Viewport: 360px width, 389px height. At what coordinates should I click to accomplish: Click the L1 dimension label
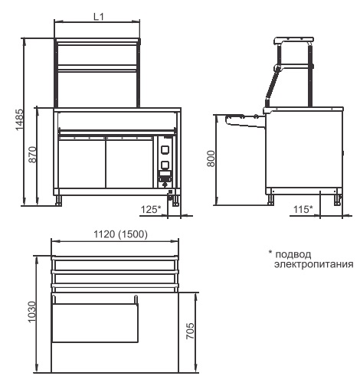[99, 17]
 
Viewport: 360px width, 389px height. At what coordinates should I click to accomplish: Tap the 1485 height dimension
[19, 119]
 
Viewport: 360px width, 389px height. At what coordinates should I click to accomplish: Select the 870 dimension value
[32, 155]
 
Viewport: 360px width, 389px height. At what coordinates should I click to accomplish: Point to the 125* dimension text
[151, 210]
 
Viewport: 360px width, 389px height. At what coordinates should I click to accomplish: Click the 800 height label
[211, 159]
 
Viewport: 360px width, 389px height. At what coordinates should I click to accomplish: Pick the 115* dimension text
[303, 210]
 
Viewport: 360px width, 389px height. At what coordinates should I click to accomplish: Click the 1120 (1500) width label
[120, 234]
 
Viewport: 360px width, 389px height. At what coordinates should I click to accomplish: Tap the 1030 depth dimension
[32, 312]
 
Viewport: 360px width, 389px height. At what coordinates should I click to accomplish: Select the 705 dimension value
[190, 331]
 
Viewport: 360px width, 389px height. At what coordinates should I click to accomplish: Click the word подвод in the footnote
[293, 255]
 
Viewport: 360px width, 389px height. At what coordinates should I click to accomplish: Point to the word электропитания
[314, 264]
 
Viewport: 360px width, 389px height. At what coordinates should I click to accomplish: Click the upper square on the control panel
[165, 149]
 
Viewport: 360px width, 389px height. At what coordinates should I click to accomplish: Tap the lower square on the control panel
[165, 165]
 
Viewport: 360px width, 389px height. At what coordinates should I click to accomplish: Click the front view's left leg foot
[59, 201]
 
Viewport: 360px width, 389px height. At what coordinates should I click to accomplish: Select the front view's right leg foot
[175, 201]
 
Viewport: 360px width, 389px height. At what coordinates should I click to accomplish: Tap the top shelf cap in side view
[294, 41]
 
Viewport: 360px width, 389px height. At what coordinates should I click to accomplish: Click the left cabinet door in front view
[82, 162]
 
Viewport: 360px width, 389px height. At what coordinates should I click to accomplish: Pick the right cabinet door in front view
[129, 162]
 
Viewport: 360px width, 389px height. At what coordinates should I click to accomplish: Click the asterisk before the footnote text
[270, 252]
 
